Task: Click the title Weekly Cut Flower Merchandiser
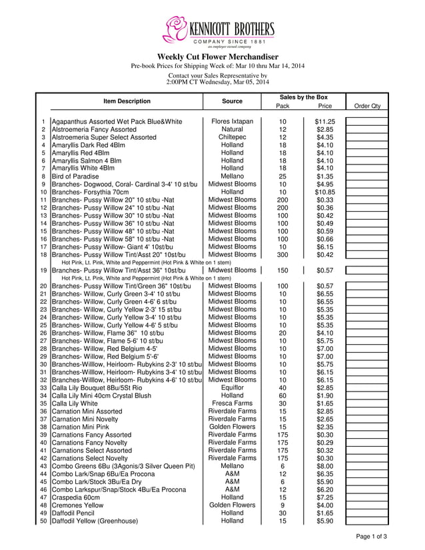pyautogui.click(x=217, y=57)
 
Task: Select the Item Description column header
pyautogui.click(x=127, y=101)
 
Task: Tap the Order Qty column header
pyautogui.click(x=367, y=106)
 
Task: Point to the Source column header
pyautogui.click(x=232, y=101)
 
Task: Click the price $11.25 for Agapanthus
pyautogui.click(x=324, y=122)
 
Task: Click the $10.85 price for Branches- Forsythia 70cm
pyautogui.click(x=324, y=192)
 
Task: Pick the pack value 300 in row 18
pyautogui.click(x=282, y=254)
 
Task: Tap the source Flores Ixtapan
pyautogui.click(x=232, y=122)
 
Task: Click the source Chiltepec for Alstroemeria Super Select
pyautogui.click(x=232, y=137)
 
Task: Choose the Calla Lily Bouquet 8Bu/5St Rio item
pyautogui.click(x=97, y=388)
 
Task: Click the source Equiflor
pyautogui.click(x=232, y=388)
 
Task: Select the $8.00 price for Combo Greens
pyautogui.click(x=324, y=466)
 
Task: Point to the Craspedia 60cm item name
pyautogui.click(x=76, y=497)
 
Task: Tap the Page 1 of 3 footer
pyautogui.click(x=372, y=537)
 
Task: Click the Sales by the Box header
pyautogui.click(x=304, y=97)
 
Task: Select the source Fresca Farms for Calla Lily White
pyautogui.click(x=232, y=404)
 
